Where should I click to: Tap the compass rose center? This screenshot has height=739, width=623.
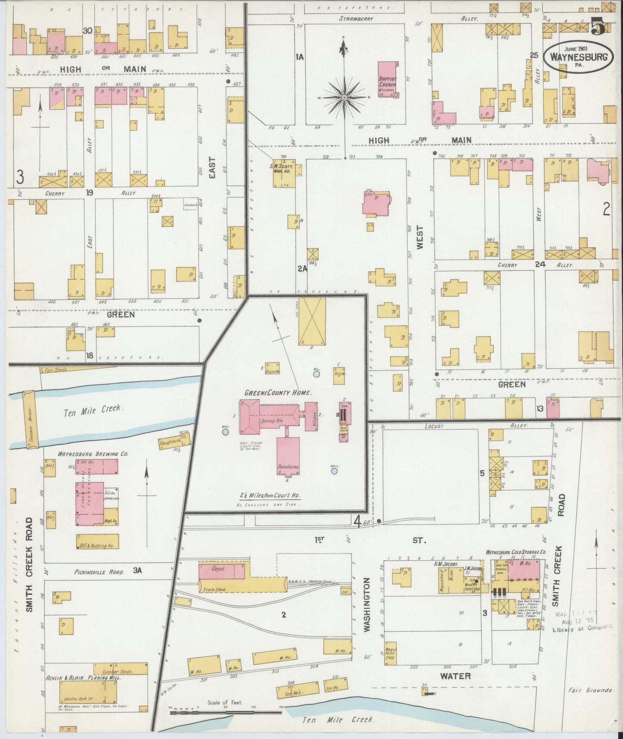pyautogui.click(x=344, y=98)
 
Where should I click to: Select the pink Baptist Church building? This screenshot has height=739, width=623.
pyautogui.click(x=387, y=79)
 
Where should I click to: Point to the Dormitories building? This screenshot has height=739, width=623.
pyautogui.click(x=288, y=456)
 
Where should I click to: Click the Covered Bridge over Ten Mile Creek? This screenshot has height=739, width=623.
pyautogui.click(x=30, y=418)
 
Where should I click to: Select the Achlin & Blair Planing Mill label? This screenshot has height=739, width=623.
pyautogui.click(x=84, y=678)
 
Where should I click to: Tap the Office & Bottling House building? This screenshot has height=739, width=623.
pyautogui.click(x=97, y=542)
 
